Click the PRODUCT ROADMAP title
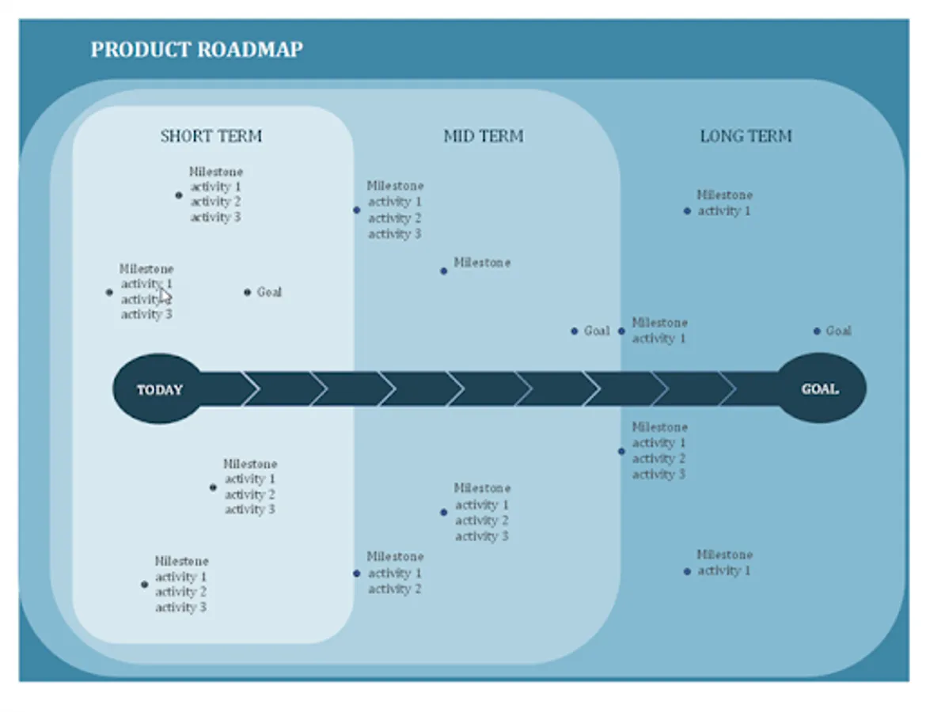pyautogui.click(x=196, y=49)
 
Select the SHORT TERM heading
pyautogui.click(x=211, y=136)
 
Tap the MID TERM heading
pyautogui.click(x=483, y=136)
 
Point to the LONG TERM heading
pyautogui.click(x=746, y=136)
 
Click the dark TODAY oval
pyautogui.click(x=159, y=389)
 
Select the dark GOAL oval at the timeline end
pyautogui.click(x=821, y=388)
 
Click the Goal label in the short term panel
pyautogui.click(x=269, y=292)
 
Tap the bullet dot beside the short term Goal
pyautogui.click(x=248, y=292)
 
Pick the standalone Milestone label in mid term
pyautogui.click(x=482, y=263)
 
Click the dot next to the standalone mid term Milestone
pyautogui.click(x=443, y=271)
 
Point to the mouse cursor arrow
pyautogui.click(x=164, y=296)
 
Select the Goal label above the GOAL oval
pyautogui.click(x=838, y=331)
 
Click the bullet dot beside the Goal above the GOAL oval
pyautogui.click(x=817, y=331)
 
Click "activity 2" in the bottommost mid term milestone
pyautogui.click(x=394, y=589)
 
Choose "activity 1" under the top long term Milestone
pyautogui.click(x=723, y=211)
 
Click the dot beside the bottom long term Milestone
pyautogui.click(x=687, y=571)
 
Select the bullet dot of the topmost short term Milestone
pyautogui.click(x=179, y=195)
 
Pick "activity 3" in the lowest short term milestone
pyautogui.click(x=180, y=608)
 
